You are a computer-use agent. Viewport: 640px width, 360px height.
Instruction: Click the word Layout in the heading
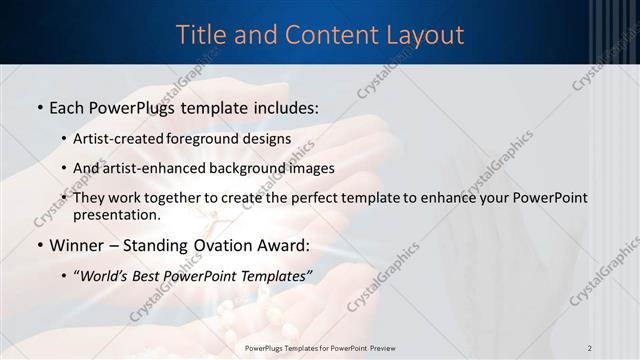click(x=424, y=35)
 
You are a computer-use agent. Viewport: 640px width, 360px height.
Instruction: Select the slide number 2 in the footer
click(x=590, y=348)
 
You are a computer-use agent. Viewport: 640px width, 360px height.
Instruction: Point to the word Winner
click(x=81, y=246)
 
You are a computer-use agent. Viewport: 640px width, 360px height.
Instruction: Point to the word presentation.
click(x=116, y=214)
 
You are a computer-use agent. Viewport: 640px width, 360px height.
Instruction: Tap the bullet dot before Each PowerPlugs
click(x=39, y=106)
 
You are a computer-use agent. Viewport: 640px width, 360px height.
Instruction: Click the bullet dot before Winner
click(x=39, y=246)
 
